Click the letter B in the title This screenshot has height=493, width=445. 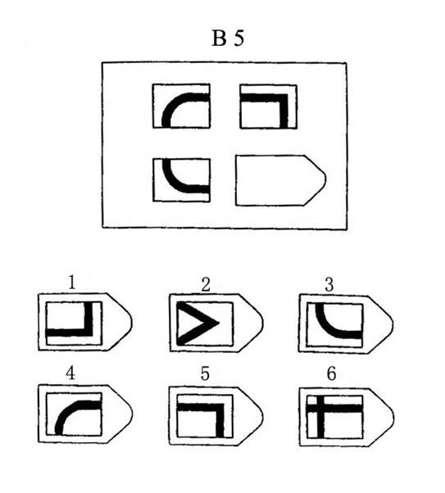(x=219, y=38)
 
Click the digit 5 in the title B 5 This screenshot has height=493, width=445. (x=238, y=38)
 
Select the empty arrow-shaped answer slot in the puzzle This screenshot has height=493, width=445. (x=281, y=180)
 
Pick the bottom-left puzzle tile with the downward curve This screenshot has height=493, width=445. (x=182, y=180)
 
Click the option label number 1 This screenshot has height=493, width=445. (x=72, y=283)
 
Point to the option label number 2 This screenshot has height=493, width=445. (x=206, y=285)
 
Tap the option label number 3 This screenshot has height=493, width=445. (x=329, y=285)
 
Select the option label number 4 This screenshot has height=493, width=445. (x=70, y=373)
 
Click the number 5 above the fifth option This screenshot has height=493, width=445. (x=205, y=374)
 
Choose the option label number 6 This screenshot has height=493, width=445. (x=331, y=374)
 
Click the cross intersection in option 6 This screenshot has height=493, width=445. (x=320, y=409)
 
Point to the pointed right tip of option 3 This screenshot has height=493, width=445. (x=393, y=323)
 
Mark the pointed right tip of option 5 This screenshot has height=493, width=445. (x=263, y=416)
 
